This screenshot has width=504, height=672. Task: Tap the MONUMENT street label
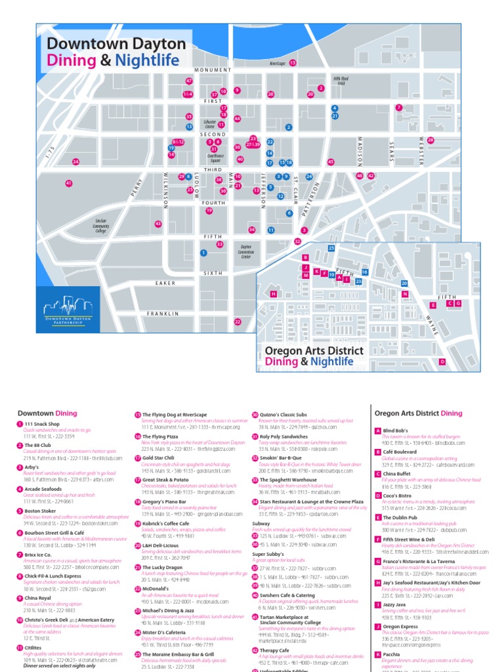(212, 70)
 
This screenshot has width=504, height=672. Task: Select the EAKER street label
(165, 283)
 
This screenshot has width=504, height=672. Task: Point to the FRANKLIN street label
(163, 314)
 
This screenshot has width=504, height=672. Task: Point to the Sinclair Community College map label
(100, 226)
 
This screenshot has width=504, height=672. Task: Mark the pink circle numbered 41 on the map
(68, 183)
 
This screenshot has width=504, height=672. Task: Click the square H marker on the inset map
(273, 294)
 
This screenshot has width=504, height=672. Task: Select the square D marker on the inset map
(442, 362)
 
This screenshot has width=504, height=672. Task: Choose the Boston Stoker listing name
(40, 510)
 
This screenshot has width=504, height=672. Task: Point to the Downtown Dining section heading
(47, 413)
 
